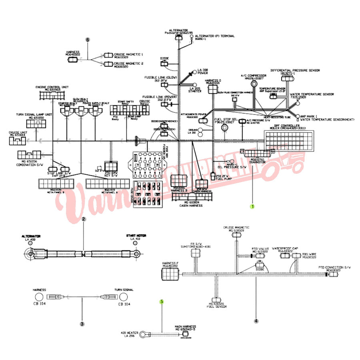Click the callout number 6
click(x=88, y=39)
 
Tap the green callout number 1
click(x=252, y=206)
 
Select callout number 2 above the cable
click(x=84, y=219)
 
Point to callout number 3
click(x=82, y=324)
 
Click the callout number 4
click(x=256, y=320)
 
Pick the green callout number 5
click(x=162, y=302)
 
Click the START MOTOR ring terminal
click(x=136, y=253)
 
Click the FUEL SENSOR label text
click(x=216, y=306)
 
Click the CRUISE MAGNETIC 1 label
click(x=128, y=54)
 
